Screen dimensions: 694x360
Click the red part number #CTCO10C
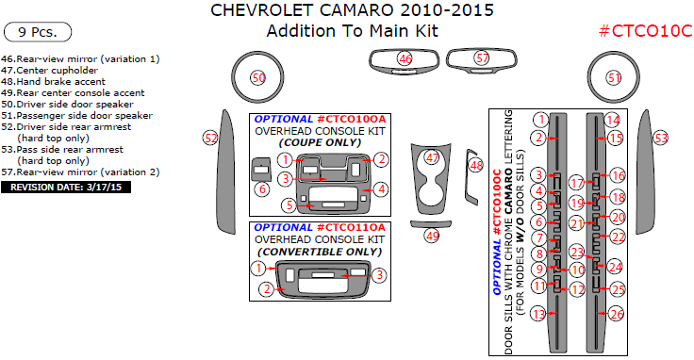click(645, 31)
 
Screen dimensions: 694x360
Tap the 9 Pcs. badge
click(38, 32)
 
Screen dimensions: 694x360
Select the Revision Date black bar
click(66, 188)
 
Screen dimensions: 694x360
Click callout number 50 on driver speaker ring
click(258, 78)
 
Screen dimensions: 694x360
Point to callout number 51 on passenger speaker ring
click(614, 78)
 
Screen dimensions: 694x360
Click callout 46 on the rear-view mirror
click(405, 57)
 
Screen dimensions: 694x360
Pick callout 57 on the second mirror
click(482, 57)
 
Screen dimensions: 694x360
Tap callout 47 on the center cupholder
click(432, 157)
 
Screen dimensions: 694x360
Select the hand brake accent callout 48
click(476, 166)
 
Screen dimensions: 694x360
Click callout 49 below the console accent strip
click(432, 236)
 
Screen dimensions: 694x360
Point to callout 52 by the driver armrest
click(210, 138)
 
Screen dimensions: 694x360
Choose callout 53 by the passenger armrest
click(661, 138)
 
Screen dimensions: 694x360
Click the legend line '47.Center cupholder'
click(50, 71)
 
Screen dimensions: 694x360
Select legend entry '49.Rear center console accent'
click(73, 93)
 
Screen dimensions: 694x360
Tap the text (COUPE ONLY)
click(320, 143)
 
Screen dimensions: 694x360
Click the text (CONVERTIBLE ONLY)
click(320, 252)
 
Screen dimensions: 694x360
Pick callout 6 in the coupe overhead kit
click(262, 189)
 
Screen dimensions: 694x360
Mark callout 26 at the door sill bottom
click(617, 314)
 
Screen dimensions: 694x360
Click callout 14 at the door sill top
click(613, 120)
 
